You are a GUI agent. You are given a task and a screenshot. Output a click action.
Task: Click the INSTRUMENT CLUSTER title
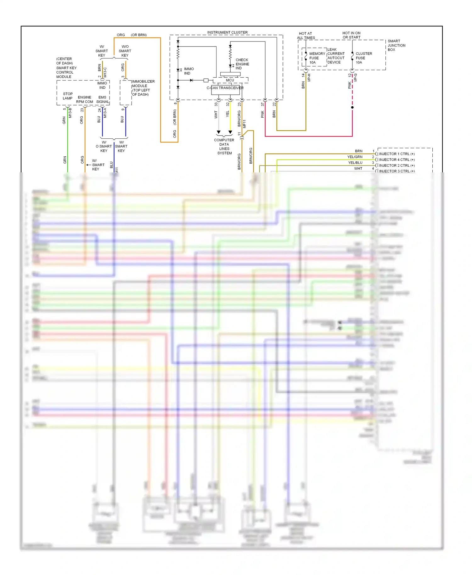coord(227,32)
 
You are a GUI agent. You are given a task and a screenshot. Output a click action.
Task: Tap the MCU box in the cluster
coord(230,80)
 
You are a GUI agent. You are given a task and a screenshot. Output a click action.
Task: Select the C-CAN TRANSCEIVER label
coord(225,88)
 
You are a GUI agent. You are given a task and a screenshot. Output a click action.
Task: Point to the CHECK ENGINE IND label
coord(242,64)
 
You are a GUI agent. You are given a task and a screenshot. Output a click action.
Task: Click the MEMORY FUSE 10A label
coord(317,58)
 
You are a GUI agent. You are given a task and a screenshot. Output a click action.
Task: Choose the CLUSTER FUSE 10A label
coord(363,58)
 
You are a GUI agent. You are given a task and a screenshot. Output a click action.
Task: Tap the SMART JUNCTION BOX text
coord(396,45)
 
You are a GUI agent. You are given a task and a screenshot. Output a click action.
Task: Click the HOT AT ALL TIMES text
coord(306,36)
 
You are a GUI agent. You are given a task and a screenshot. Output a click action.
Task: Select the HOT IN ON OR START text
coord(351,35)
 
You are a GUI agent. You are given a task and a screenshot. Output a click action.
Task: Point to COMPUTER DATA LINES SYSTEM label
coord(224,147)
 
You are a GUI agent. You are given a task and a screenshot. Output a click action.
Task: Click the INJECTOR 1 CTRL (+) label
coord(396,154)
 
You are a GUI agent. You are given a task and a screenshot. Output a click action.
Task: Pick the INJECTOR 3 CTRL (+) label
coord(396,171)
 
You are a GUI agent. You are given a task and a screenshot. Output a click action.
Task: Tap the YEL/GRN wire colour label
coord(355,157)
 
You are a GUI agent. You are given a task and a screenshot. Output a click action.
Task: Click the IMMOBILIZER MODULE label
coord(143,88)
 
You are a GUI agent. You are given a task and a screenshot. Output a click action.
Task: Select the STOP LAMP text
coord(68,96)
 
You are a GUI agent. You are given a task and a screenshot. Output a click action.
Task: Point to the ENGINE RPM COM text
coord(84,99)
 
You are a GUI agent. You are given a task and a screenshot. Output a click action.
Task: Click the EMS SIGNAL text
coord(102,99)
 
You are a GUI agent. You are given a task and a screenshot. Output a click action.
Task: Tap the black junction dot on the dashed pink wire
coord(352,108)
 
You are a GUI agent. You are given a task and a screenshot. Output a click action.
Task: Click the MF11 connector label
coord(244,124)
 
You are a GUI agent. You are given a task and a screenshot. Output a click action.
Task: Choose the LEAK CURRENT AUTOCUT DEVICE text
coord(336,56)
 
